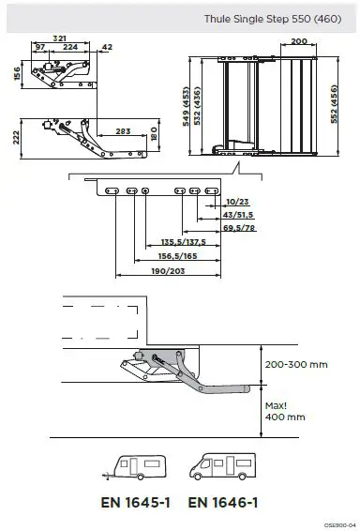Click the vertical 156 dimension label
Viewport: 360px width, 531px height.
16,73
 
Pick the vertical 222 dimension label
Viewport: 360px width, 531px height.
16,138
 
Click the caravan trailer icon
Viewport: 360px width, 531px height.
138,468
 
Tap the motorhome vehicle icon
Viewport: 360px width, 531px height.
222,468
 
